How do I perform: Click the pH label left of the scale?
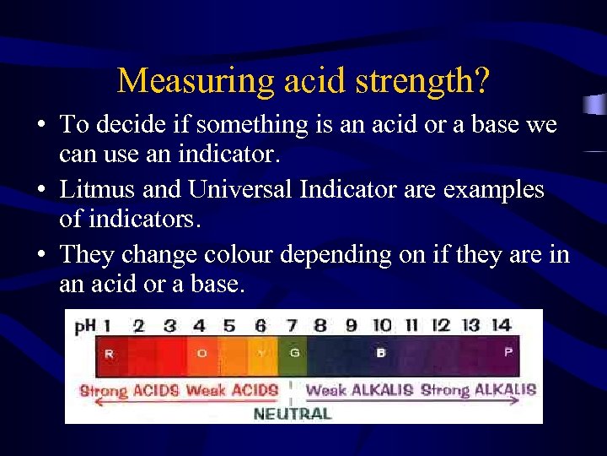point(84,326)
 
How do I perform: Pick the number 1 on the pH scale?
point(107,325)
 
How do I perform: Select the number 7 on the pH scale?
point(291,325)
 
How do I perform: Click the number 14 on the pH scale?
point(501,325)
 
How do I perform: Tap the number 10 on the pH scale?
point(382,325)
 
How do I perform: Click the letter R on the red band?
point(109,354)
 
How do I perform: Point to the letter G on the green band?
point(294,353)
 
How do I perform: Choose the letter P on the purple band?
point(508,352)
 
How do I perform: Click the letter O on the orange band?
point(201,353)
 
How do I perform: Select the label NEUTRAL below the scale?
point(292,414)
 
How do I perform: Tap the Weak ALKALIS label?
point(359,390)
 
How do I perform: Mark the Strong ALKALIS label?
point(478,390)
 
